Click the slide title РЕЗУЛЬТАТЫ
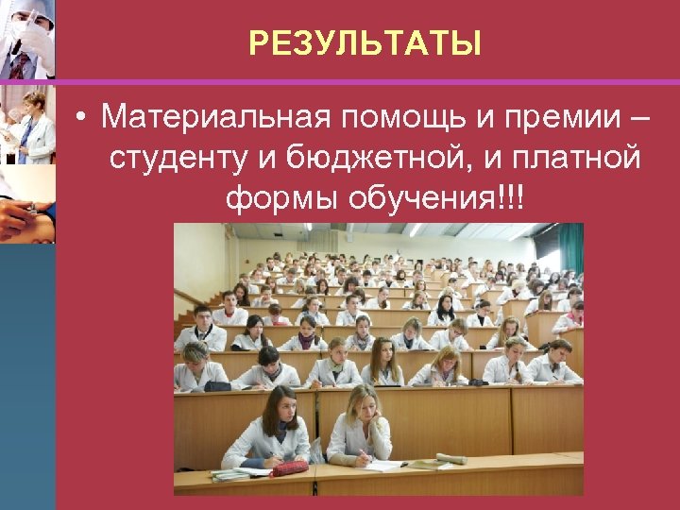click(x=365, y=43)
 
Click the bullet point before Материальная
click(x=84, y=118)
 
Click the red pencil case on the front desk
click(x=288, y=468)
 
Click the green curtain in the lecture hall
click(x=570, y=248)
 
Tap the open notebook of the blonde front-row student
click(x=387, y=465)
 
